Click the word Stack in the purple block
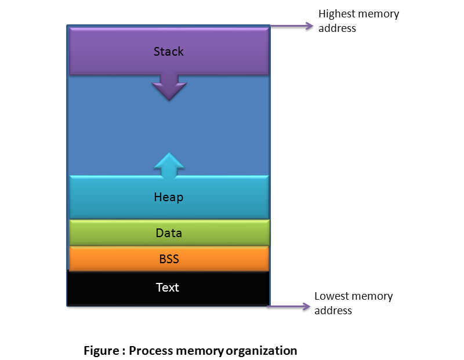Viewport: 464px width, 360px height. pos(169,52)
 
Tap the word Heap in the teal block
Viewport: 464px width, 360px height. pos(169,197)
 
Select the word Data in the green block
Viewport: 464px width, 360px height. pos(169,233)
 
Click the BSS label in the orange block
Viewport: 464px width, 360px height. pos(169,259)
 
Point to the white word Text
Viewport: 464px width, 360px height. pos(168,288)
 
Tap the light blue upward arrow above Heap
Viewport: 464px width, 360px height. pos(169,166)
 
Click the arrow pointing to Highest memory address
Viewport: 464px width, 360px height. pos(292,26)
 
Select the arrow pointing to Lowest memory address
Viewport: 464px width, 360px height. pos(289,307)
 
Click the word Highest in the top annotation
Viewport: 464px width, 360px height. pos(337,14)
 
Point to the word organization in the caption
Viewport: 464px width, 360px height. pos(262,351)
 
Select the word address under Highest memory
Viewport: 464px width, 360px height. pos(337,28)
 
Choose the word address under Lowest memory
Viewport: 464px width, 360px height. pos(333,311)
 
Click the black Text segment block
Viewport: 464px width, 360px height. pos(168,288)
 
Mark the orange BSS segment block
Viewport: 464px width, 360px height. pos(169,259)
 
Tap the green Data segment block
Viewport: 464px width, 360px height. pos(169,232)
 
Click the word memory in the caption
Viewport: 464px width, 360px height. pos(200,351)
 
